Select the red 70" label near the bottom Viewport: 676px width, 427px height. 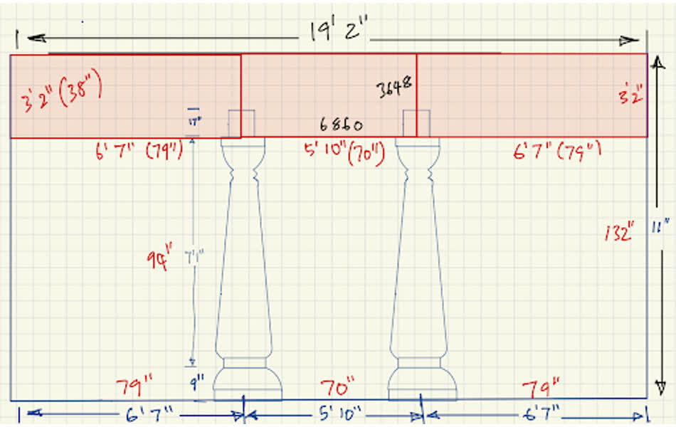337,389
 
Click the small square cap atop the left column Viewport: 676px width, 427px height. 241,123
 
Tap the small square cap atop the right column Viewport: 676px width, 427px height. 416,123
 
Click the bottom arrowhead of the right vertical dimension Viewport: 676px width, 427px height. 660,390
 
